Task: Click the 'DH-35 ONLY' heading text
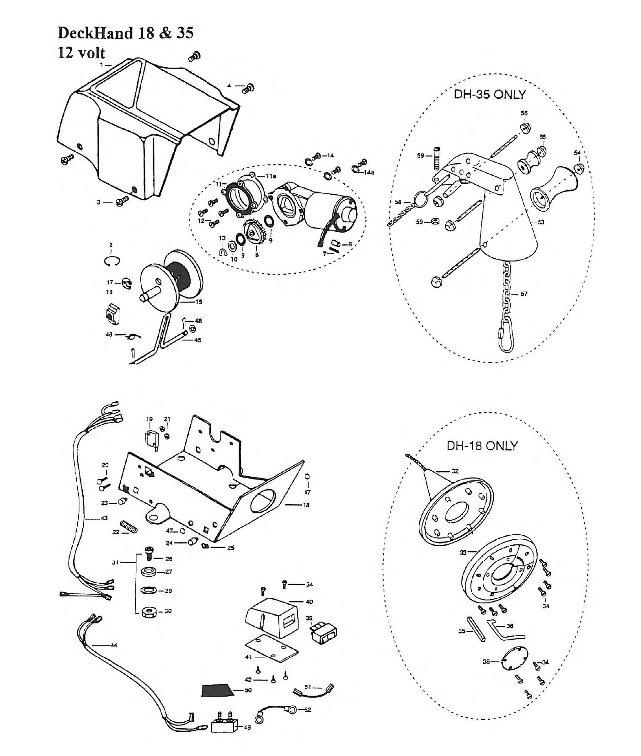[489, 95]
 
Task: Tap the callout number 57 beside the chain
[524, 294]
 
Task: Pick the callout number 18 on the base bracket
[306, 505]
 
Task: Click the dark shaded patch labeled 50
[218, 689]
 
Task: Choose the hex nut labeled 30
[149, 611]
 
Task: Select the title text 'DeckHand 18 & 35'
[125, 33]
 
